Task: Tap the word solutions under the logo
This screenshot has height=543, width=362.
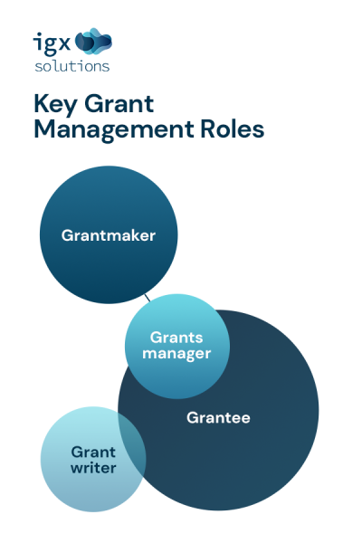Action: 72,65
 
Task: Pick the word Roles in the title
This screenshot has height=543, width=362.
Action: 233,129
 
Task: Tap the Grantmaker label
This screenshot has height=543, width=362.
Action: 109,235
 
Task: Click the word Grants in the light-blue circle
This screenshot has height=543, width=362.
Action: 176,338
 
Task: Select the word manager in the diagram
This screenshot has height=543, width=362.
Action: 176,353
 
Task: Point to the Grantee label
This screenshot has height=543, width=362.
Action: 218,418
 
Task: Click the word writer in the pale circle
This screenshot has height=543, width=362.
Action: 93,468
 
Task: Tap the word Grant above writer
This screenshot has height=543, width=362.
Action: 93,452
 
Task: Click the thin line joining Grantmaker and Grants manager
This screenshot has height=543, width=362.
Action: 147,296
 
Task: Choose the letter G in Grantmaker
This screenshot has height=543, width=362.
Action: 67,235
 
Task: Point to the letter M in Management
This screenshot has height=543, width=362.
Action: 43,129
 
